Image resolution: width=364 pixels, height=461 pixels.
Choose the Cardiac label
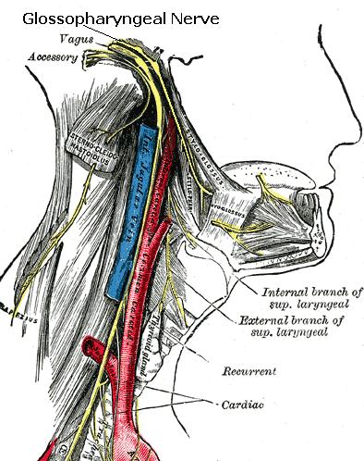pos(243,405)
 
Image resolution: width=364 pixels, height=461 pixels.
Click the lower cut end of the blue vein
pos(114,293)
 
